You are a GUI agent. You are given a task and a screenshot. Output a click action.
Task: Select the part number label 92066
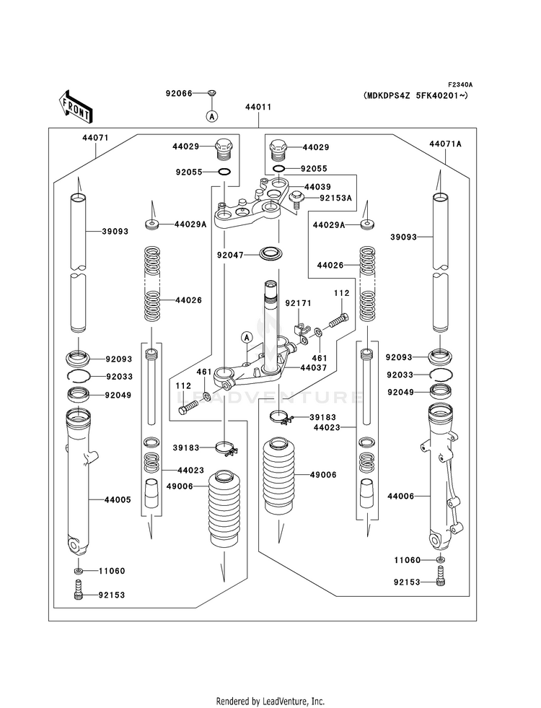(179, 93)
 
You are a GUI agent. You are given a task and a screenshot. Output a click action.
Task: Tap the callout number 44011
(258, 108)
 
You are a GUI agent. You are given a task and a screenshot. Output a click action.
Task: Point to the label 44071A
(445, 144)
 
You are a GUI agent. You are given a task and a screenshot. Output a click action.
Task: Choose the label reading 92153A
(335, 198)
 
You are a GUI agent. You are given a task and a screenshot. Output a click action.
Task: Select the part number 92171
(296, 304)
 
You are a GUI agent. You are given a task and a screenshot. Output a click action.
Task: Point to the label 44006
(401, 496)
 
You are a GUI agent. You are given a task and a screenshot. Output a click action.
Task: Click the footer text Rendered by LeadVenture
(270, 701)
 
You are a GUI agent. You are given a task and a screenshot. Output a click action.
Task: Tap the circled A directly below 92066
(212, 115)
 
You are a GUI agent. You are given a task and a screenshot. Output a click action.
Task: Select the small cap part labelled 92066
(212, 93)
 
